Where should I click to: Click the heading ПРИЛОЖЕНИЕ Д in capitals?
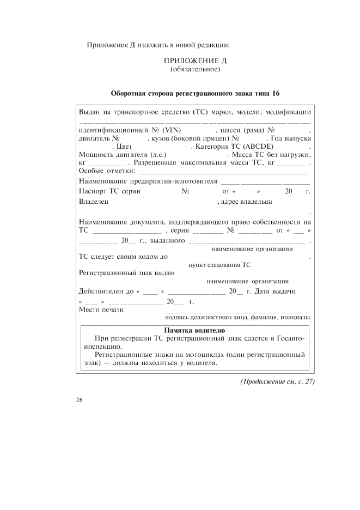pos(195,60)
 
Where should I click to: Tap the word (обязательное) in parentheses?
pos(195,69)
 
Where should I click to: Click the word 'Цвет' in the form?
pos(121,147)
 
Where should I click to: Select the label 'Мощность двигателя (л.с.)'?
pos(121,155)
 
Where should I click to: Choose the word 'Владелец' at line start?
pos(94,202)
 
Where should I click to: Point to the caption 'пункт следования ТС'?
pos(219,265)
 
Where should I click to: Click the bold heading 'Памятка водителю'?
pos(194,330)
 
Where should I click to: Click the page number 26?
pos(80,400)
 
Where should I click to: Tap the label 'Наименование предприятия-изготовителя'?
pos(148,181)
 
